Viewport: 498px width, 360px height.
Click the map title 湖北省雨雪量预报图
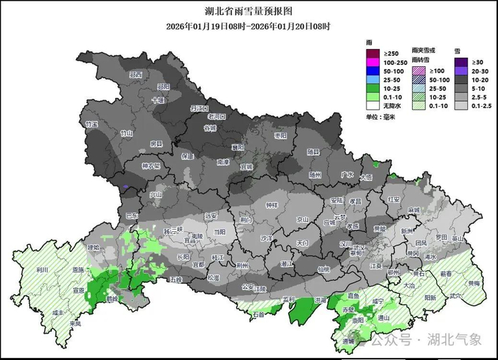click(x=248, y=11)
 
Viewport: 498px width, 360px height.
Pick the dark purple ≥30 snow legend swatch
click(x=460, y=62)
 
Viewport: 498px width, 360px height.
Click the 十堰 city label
click(x=157, y=100)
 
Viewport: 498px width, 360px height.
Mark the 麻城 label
click(x=414, y=211)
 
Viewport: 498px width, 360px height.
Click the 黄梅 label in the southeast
click(x=473, y=283)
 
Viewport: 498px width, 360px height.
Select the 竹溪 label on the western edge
click(x=91, y=124)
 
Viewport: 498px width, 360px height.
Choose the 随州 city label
click(x=316, y=174)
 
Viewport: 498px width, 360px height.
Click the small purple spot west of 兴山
click(x=127, y=189)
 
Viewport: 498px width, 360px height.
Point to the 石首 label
click(x=258, y=313)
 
